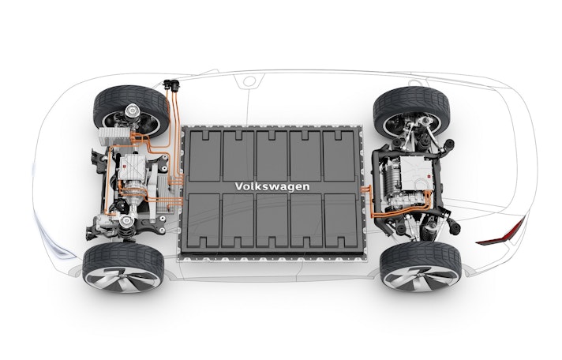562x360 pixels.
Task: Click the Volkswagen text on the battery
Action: coord(272,187)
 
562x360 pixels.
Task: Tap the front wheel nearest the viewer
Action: coord(123,268)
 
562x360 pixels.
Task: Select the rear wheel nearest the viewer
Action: coord(421,266)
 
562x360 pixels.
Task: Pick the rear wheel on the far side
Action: coord(411,110)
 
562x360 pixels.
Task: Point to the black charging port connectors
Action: coord(171,84)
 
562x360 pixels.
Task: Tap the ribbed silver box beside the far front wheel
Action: coord(114,137)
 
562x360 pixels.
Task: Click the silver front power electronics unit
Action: coord(132,167)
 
